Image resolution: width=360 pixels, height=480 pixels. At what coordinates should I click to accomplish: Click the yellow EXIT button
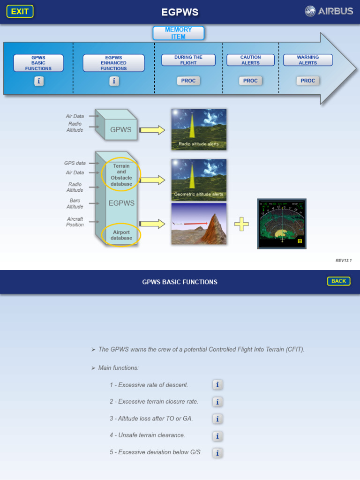(x=20, y=12)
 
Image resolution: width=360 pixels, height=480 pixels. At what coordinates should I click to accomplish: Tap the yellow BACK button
(x=338, y=281)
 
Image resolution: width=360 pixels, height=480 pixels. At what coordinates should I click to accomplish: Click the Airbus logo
(x=329, y=11)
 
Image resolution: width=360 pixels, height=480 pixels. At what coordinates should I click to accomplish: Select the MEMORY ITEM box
(x=179, y=33)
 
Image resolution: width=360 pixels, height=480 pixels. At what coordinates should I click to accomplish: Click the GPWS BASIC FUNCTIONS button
(x=38, y=63)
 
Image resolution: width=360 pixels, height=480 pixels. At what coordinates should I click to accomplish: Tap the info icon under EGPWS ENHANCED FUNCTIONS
(x=114, y=81)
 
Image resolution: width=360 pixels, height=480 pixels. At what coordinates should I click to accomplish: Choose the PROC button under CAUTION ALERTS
(x=250, y=81)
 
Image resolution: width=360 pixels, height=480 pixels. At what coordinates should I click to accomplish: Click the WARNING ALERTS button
(x=307, y=60)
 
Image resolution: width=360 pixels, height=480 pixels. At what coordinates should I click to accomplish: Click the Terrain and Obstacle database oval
(x=121, y=174)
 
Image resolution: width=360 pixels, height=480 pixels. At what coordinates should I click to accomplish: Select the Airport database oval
(x=121, y=235)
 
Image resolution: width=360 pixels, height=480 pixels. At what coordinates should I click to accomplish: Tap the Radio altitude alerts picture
(x=199, y=129)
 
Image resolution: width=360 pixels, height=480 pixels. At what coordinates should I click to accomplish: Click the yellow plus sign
(x=241, y=224)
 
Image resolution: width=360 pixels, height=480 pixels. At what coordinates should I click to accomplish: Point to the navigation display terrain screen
(x=282, y=224)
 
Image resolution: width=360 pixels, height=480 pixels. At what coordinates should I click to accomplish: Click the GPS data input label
(x=75, y=163)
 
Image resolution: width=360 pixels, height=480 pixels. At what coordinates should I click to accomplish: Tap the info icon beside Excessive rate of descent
(x=217, y=385)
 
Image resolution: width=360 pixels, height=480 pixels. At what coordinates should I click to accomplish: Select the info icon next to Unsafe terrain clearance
(x=217, y=436)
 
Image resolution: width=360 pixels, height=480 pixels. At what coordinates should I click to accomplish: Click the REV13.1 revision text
(x=344, y=261)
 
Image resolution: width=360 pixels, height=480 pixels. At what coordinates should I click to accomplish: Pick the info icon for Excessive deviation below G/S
(x=217, y=453)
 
